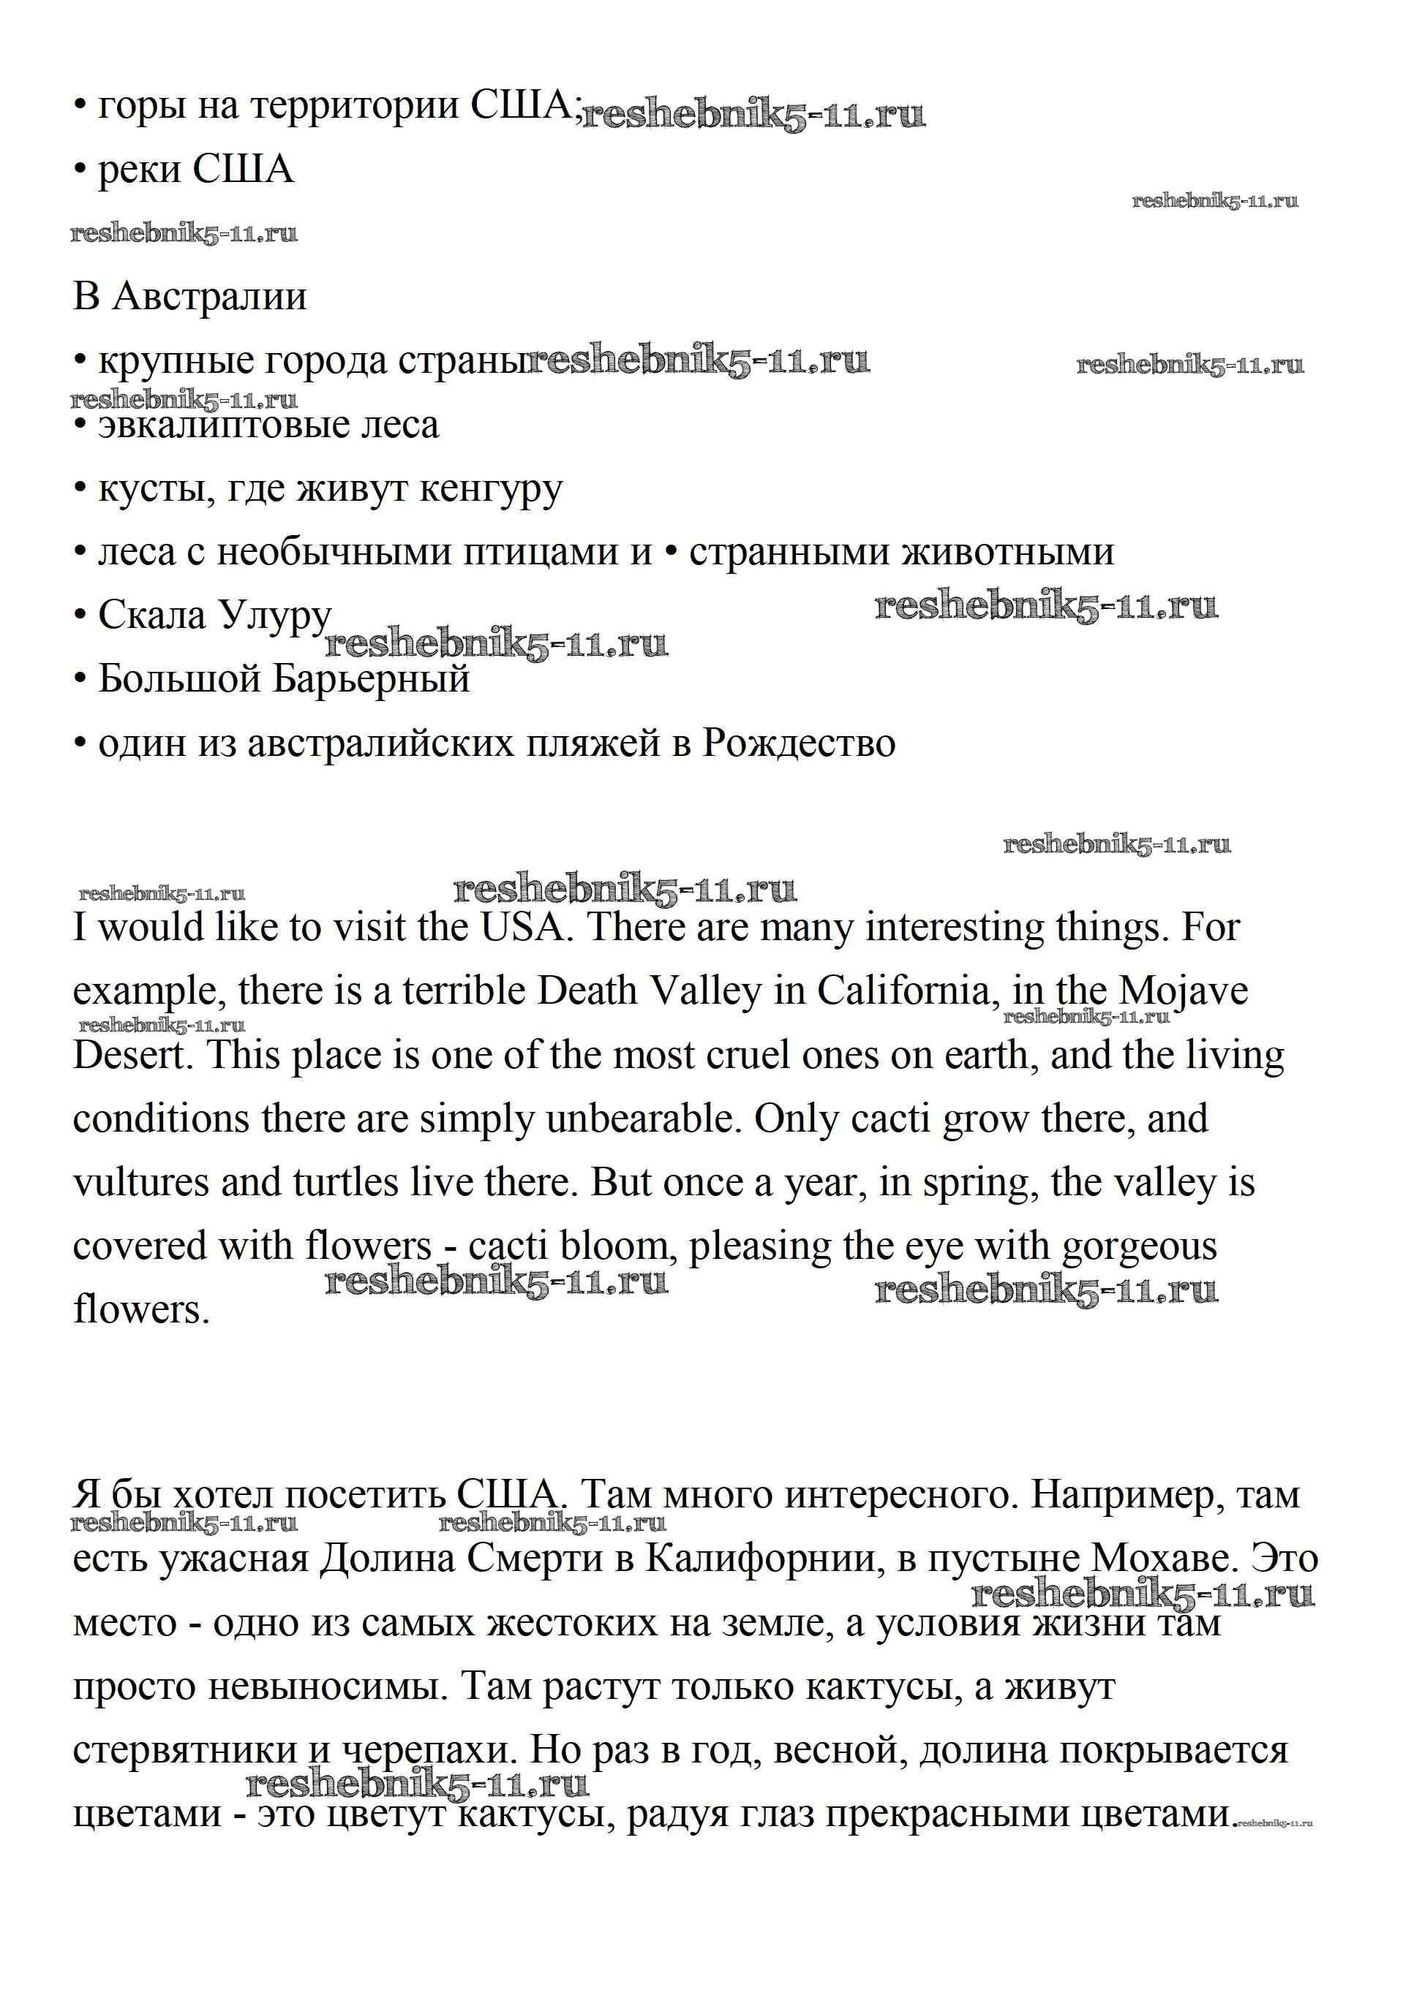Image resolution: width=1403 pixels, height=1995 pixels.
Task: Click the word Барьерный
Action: (x=371, y=679)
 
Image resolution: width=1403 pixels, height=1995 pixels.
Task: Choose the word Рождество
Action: (x=798, y=743)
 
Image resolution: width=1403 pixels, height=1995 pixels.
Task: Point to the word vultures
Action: (x=141, y=1184)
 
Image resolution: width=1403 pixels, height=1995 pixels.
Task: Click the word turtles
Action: (x=346, y=1184)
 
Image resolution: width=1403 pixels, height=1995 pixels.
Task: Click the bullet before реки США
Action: (x=80, y=170)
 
